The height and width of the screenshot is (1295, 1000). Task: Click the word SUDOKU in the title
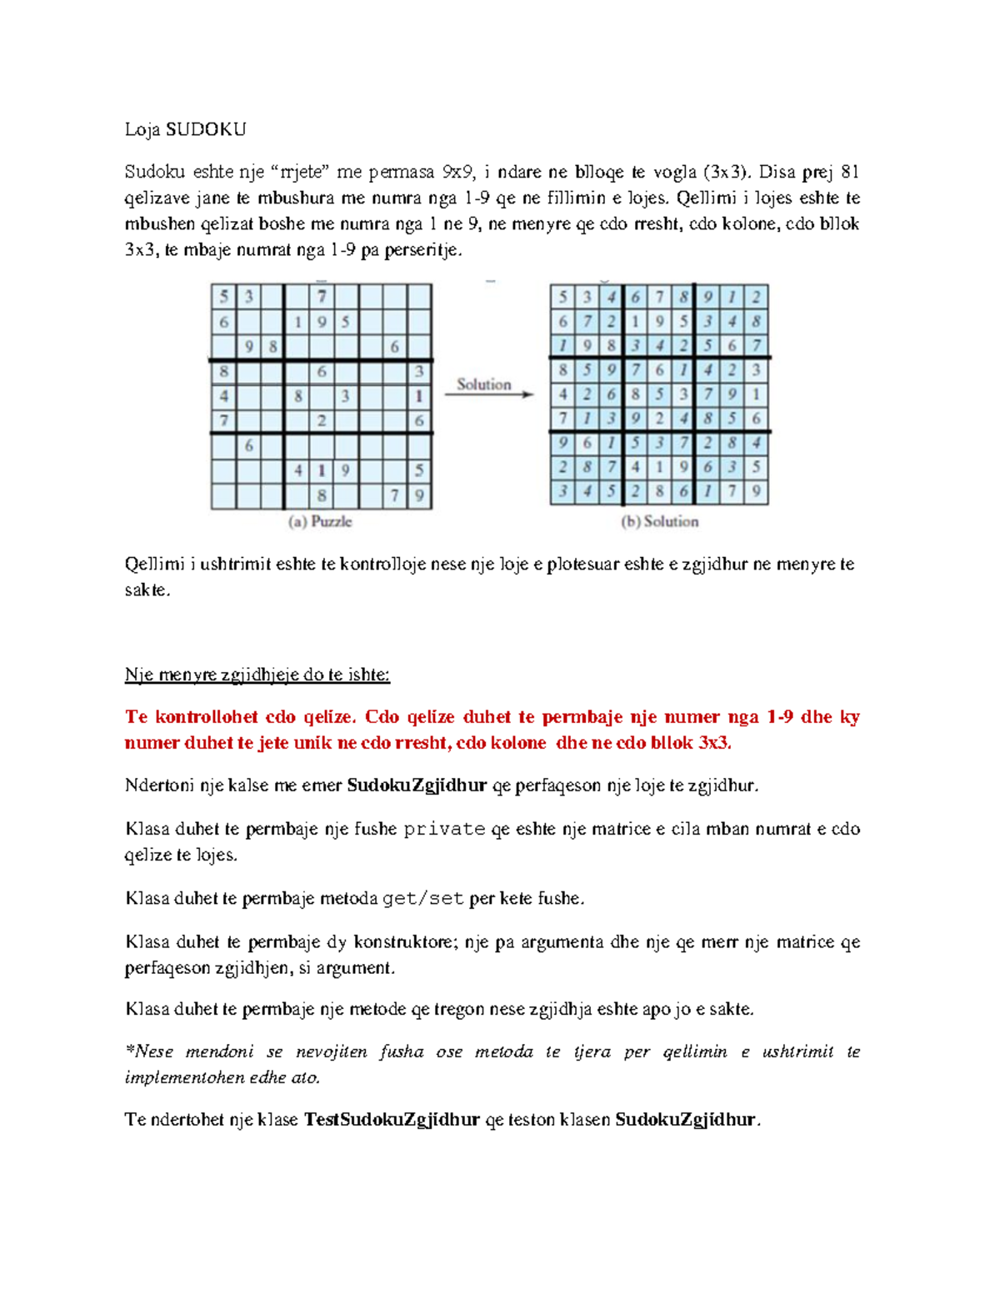click(x=206, y=129)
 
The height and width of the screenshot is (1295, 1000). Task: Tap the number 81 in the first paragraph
click(x=849, y=172)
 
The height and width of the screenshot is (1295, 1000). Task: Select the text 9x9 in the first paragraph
click(x=458, y=172)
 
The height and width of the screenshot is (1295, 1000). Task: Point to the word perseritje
click(x=422, y=249)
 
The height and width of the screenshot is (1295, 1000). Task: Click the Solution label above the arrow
click(x=483, y=384)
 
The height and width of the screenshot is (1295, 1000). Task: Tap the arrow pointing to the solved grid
click(x=489, y=394)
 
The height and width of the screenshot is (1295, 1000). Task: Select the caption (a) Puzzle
click(x=320, y=521)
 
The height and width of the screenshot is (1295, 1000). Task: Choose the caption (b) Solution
click(x=659, y=521)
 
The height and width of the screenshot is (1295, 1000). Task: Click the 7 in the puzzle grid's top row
click(x=321, y=297)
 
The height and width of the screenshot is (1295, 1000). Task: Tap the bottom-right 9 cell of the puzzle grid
click(x=419, y=496)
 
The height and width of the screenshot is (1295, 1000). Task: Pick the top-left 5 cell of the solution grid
click(x=562, y=297)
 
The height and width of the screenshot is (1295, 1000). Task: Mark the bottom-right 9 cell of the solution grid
click(x=756, y=492)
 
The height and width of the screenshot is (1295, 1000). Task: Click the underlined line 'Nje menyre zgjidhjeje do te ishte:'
click(x=257, y=675)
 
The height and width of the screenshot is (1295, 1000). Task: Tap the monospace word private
click(x=444, y=829)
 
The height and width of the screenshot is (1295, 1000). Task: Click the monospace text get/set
click(x=422, y=898)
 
